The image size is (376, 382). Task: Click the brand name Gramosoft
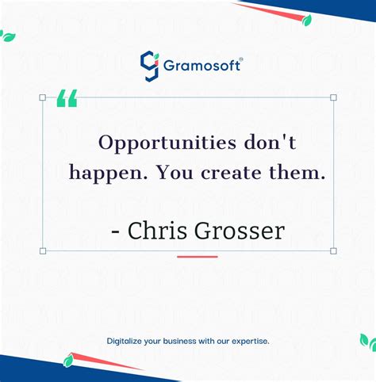[x=199, y=65]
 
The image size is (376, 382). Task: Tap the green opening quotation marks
[x=67, y=98]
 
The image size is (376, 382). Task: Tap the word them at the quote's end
[x=301, y=172]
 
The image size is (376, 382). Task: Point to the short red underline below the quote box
[x=197, y=257]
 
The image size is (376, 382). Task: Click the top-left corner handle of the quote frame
[x=43, y=97]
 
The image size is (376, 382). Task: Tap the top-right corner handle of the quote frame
[x=333, y=97]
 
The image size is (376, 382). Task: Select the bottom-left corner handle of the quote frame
[x=43, y=250]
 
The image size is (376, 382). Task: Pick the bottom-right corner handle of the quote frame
[x=333, y=250]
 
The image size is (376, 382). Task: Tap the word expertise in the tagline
[x=249, y=341]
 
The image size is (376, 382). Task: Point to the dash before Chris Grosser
[x=116, y=232]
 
